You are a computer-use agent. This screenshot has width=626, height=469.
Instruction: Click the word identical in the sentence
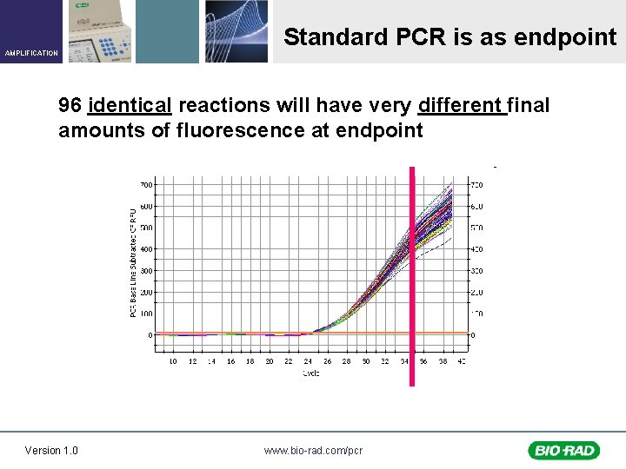(130, 106)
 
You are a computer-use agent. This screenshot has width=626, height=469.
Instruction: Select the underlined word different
(461, 106)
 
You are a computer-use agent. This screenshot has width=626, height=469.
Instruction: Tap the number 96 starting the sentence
(70, 106)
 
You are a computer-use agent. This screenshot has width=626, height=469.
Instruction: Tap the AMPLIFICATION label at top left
(31, 53)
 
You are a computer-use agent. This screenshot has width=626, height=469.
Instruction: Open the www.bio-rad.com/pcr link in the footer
(313, 450)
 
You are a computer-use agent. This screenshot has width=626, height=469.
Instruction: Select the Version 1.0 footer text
(51, 450)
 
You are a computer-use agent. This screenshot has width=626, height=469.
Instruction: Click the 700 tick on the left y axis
(146, 185)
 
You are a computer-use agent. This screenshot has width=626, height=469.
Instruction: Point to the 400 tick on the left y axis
(146, 249)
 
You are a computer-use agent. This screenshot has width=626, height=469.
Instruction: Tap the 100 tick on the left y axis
(146, 314)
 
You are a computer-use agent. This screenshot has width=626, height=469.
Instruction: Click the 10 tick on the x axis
(173, 360)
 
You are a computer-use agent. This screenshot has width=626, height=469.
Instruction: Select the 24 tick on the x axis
(308, 360)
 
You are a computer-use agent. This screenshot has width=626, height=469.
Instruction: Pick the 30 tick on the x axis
(366, 360)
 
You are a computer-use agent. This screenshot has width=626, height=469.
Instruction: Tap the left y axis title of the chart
(133, 261)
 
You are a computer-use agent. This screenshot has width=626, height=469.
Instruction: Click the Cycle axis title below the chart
(311, 373)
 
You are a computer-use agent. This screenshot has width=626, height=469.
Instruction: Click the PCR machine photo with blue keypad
(97, 31)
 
